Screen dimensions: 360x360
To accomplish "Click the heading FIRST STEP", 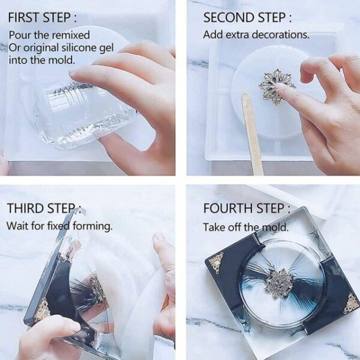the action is tap(42, 17).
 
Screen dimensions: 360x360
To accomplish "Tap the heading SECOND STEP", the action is tap(247, 17).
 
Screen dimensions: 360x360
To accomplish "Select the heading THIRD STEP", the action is tap(44, 208).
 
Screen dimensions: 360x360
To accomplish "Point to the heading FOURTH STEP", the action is tap(247, 208).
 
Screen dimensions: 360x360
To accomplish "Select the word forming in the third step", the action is tap(93, 227).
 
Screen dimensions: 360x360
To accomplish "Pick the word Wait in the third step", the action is tap(17, 226).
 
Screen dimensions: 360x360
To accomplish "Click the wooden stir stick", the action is tap(251, 134).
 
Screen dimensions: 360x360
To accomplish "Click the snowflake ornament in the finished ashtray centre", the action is tap(279, 284).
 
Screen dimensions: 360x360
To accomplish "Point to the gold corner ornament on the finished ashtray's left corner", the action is tap(217, 262).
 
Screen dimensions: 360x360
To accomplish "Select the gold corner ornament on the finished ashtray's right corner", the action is tap(350, 302).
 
